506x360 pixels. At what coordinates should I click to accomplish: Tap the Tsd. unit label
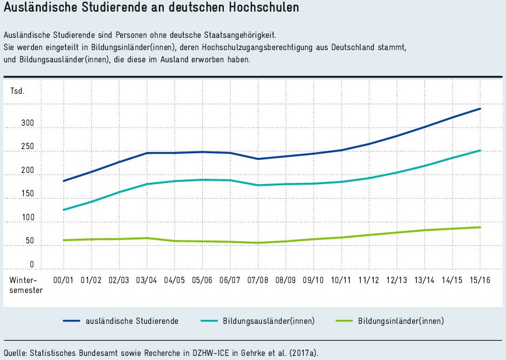click(17, 91)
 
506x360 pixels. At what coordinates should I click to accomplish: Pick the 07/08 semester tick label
click(258, 280)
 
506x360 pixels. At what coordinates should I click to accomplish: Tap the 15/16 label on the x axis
click(480, 280)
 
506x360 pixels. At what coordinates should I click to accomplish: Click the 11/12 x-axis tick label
click(368, 280)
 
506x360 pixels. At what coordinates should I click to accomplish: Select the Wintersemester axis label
click(26, 285)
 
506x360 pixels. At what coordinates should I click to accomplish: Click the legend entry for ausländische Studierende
click(132, 321)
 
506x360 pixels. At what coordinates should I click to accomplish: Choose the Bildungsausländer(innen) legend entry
click(268, 321)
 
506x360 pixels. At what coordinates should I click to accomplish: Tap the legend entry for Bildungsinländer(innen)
click(400, 321)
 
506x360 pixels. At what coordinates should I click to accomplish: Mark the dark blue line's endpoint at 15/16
click(480, 109)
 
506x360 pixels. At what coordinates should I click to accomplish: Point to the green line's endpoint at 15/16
click(480, 227)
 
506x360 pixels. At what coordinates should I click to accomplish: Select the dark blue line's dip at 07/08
click(258, 159)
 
